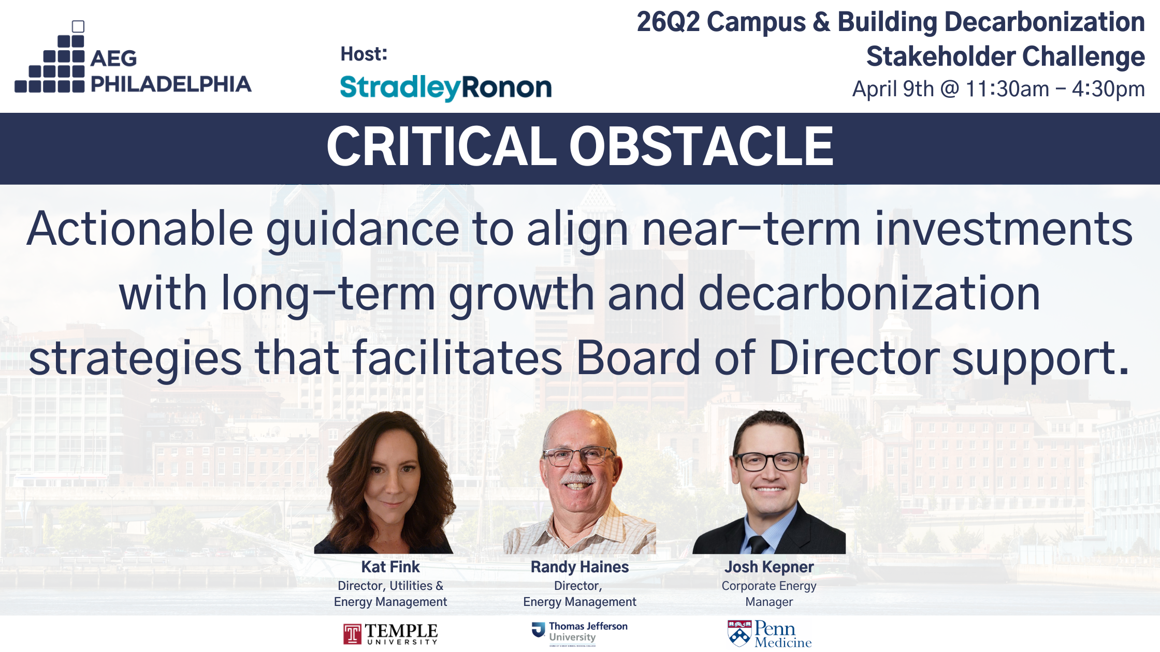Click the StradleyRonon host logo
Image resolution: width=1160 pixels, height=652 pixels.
tap(446, 87)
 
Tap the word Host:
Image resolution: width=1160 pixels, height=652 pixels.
tap(364, 54)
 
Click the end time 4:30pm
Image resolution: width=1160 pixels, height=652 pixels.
tap(1108, 90)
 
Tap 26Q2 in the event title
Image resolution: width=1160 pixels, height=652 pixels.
tap(668, 22)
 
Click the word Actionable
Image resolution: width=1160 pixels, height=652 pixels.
tap(140, 229)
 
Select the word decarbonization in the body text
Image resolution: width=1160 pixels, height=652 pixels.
tap(869, 293)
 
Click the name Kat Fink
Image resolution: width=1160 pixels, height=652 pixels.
tap(390, 567)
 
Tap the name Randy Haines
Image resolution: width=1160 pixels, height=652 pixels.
tap(579, 567)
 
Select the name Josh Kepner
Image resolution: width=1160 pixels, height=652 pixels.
tap(769, 567)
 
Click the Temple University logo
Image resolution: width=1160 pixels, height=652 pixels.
tap(390, 634)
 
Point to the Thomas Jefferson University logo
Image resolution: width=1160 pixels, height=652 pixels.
tap(579, 634)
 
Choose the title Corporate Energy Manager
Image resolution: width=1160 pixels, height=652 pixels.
tap(769, 594)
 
